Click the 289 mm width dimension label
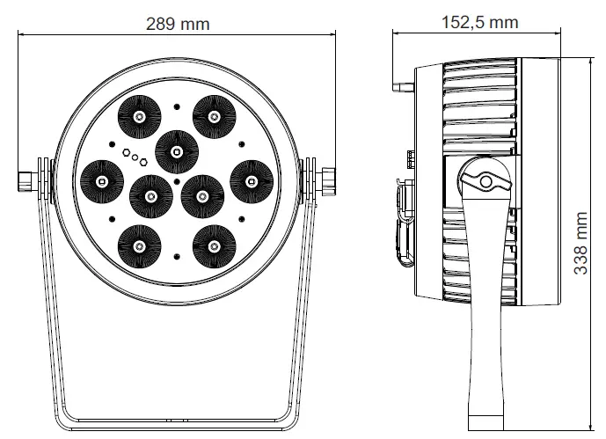point(178,24)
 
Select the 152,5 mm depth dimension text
point(479,22)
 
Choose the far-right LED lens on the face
point(251,180)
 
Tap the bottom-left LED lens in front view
point(139,245)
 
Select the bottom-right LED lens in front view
point(213,245)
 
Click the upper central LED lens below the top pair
point(176,151)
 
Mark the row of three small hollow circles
point(132,157)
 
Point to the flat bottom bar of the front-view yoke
point(176,419)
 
